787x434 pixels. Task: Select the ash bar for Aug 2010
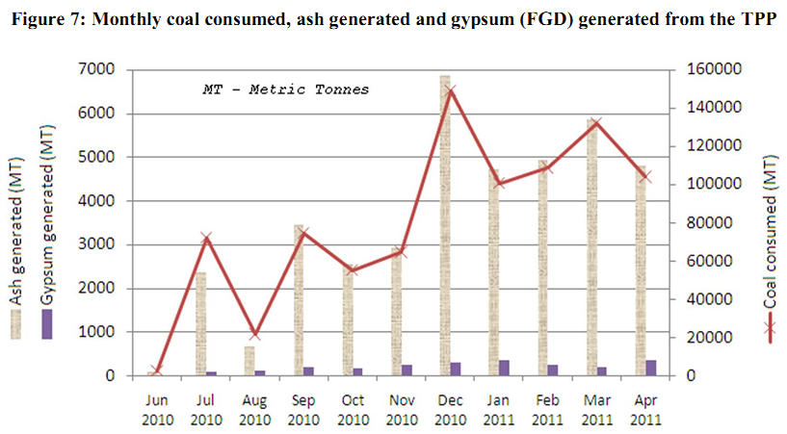click(x=249, y=361)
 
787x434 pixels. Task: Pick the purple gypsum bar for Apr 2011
click(x=651, y=368)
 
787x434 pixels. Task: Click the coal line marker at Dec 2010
click(x=451, y=89)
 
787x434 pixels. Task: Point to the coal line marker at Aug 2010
click(x=254, y=335)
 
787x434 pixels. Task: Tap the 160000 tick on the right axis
click(x=706, y=69)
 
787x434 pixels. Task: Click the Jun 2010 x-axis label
click(x=157, y=408)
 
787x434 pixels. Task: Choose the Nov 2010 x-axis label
click(x=402, y=408)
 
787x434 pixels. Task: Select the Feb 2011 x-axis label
click(x=548, y=408)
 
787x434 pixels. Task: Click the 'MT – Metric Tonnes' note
click(x=286, y=89)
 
